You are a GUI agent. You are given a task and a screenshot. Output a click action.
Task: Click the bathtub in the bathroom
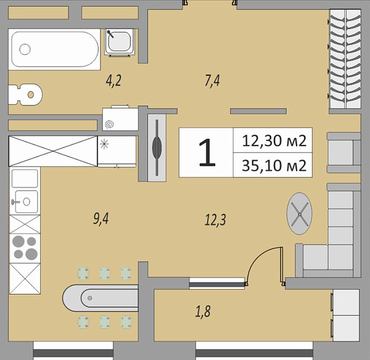[54, 49]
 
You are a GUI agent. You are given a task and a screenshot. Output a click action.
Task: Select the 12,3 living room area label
[215, 218]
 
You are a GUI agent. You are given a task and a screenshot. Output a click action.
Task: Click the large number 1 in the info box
[207, 153]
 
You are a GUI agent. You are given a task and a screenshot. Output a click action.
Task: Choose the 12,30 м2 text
[275, 141]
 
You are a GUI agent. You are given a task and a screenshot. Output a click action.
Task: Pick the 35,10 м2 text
[275, 165]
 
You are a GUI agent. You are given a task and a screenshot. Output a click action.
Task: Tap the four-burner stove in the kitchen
[25, 247]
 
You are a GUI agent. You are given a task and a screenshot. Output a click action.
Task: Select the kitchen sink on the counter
[25, 201]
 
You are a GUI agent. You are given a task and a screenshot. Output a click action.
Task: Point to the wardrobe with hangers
[345, 59]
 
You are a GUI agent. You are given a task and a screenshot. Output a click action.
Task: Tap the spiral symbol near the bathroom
[110, 124]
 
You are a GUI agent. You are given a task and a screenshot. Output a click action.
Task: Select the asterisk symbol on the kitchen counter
[104, 145]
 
